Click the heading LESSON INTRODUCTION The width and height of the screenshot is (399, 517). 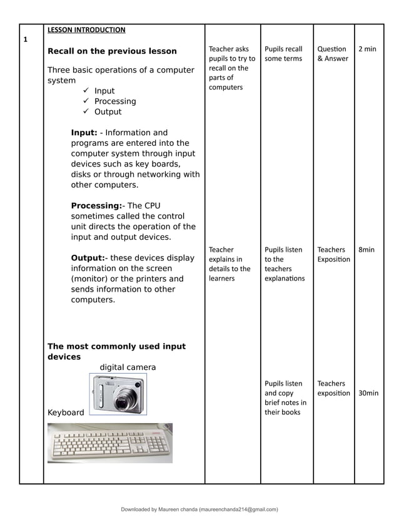[x=86, y=29]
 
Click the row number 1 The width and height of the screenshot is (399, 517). [x=26, y=39]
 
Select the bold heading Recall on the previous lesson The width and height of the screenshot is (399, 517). [x=112, y=51]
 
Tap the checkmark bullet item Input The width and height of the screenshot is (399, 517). [x=104, y=91]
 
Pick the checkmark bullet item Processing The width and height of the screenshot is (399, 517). [x=114, y=101]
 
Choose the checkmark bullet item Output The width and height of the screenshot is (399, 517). [x=108, y=112]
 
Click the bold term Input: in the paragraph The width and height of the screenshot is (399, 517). [x=84, y=133]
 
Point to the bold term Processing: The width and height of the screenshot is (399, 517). [x=97, y=206]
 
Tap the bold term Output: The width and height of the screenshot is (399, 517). [x=89, y=258]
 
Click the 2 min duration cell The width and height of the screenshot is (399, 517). [x=366, y=49]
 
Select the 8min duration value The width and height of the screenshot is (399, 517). [x=366, y=250]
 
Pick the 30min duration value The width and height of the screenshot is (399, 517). [x=368, y=393]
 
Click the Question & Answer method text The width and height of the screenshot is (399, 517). [x=333, y=54]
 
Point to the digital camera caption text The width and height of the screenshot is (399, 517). [x=128, y=367]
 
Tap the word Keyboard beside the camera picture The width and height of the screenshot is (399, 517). [x=66, y=413]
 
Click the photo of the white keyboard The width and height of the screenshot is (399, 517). [x=109, y=443]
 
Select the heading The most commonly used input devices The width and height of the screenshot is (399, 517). [x=116, y=351]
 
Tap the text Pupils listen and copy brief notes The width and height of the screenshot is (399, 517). [x=285, y=397]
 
